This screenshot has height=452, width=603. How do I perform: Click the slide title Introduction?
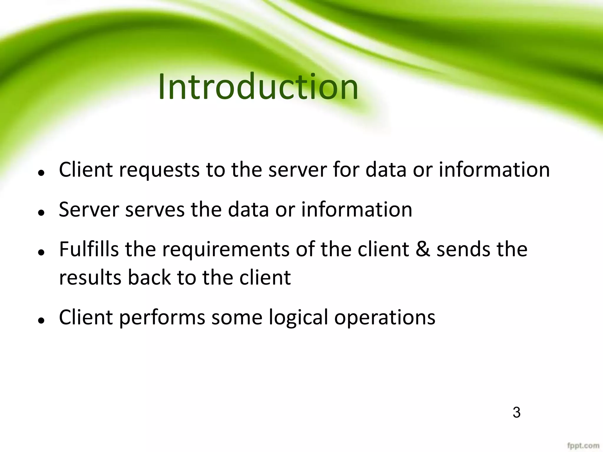point(258,87)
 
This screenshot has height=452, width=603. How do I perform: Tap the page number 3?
point(516,412)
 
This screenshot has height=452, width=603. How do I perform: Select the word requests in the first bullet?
point(159,171)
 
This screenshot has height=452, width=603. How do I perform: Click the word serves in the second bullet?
point(155,210)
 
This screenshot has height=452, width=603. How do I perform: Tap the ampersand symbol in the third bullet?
point(423,249)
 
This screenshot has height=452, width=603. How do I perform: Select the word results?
point(90,277)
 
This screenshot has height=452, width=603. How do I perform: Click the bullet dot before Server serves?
point(42,212)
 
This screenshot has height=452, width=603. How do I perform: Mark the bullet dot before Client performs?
point(42,320)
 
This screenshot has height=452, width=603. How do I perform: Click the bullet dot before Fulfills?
point(42,252)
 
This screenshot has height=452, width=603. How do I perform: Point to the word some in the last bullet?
point(236,318)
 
